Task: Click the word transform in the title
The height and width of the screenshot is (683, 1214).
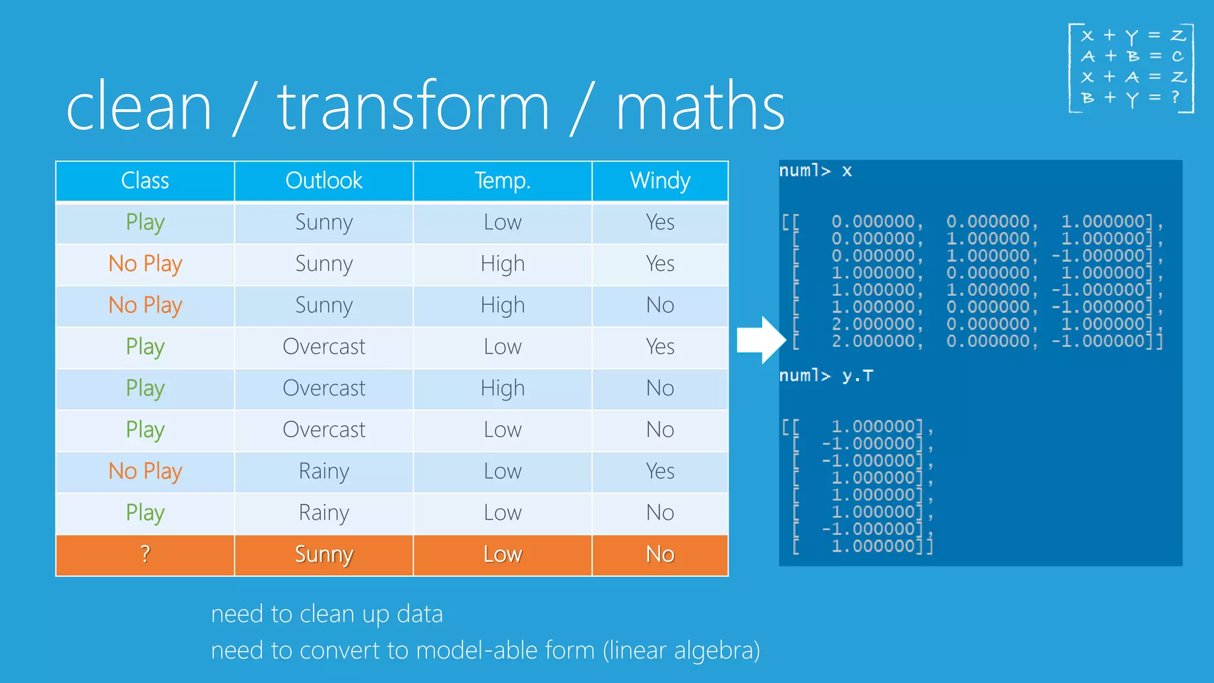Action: click(413, 107)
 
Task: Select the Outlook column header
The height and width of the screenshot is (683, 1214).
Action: click(324, 180)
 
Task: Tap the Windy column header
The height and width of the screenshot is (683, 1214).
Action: click(660, 180)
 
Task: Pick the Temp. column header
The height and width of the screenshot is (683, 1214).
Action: click(502, 180)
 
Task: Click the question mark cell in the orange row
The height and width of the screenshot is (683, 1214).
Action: click(145, 554)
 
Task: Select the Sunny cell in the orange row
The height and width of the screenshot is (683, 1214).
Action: click(324, 554)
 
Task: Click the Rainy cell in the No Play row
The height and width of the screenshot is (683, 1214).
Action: click(324, 471)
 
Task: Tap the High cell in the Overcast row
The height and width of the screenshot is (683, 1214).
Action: click(502, 388)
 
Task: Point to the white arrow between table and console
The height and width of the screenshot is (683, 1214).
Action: click(761, 340)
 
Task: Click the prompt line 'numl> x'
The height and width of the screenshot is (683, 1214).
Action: click(815, 171)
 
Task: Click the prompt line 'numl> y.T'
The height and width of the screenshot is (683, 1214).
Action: click(826, 376)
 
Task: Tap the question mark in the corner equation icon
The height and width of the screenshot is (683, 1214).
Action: click(1175, 97)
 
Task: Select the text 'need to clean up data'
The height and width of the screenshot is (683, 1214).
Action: click(327, 614)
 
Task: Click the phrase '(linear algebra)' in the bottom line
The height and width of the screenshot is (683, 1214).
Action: click(681, 650)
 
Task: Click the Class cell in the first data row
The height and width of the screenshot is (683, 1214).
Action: click(145, 222)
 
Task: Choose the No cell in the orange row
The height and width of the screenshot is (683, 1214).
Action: click(660, 554)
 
